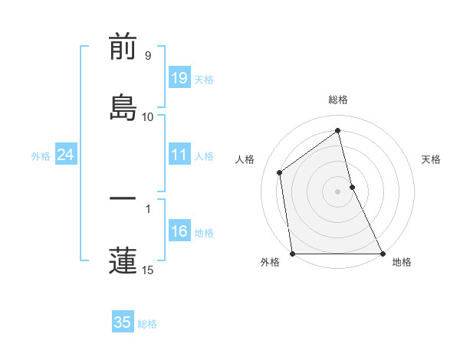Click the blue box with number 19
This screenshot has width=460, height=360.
pyautogui.click(x=179, y=78)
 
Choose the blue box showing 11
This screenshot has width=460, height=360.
pyautogui.click(x=179, y=155)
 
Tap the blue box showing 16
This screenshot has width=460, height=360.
pyautogui.click(x=179, y=231)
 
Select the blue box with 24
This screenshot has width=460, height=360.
pyautogui.click(x=65, y=155)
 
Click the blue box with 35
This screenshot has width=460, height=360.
pyautogui.click(x=123, y=322)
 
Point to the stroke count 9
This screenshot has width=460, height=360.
pyautogui.click(x=147, y=56)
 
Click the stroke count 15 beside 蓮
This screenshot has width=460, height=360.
pyautogui.click(x=147, y=270)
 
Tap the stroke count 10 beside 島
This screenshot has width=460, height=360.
pyautogui.click(x=147, y=117)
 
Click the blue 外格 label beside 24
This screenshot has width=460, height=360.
pyautogui.click(x=41, y=156)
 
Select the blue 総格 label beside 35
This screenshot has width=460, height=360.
pyautogui.click(x=147, y=324)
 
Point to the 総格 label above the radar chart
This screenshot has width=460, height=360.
pyautogui.click(x=338, y=100)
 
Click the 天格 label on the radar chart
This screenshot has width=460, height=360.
pyautogui.click(x=432, y=159)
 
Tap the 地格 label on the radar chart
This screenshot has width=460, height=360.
pyautogui.click(x=402, y=262)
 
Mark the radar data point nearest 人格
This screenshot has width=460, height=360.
pyautogui.click(x=280, y=172)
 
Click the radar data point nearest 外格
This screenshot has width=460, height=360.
pyautogui.click(x=292, y=254)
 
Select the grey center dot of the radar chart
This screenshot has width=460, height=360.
pyautogui.click(x=338, y=191)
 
